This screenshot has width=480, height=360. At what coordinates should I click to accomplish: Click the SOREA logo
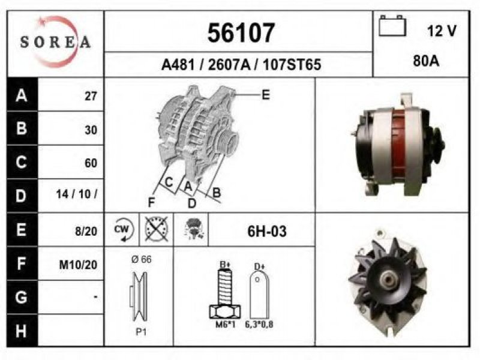tap(55, 42)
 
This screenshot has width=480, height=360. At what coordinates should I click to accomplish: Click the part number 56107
tap(241, 32)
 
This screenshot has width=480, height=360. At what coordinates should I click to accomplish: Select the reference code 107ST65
tap(292, 65)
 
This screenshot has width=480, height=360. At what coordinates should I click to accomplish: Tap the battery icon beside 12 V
tap(392, 26)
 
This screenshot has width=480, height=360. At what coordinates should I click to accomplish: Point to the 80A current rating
tap(426, 61)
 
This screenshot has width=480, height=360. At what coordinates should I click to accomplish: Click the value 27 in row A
tap(91, 96)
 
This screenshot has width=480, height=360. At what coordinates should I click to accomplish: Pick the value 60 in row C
tap(91, 163)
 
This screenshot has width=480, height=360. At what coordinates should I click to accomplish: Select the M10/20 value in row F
tap(78, 265)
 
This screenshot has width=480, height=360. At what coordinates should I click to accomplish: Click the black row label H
tap(22, 331)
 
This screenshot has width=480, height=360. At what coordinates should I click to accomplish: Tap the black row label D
tap(22, 196)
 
